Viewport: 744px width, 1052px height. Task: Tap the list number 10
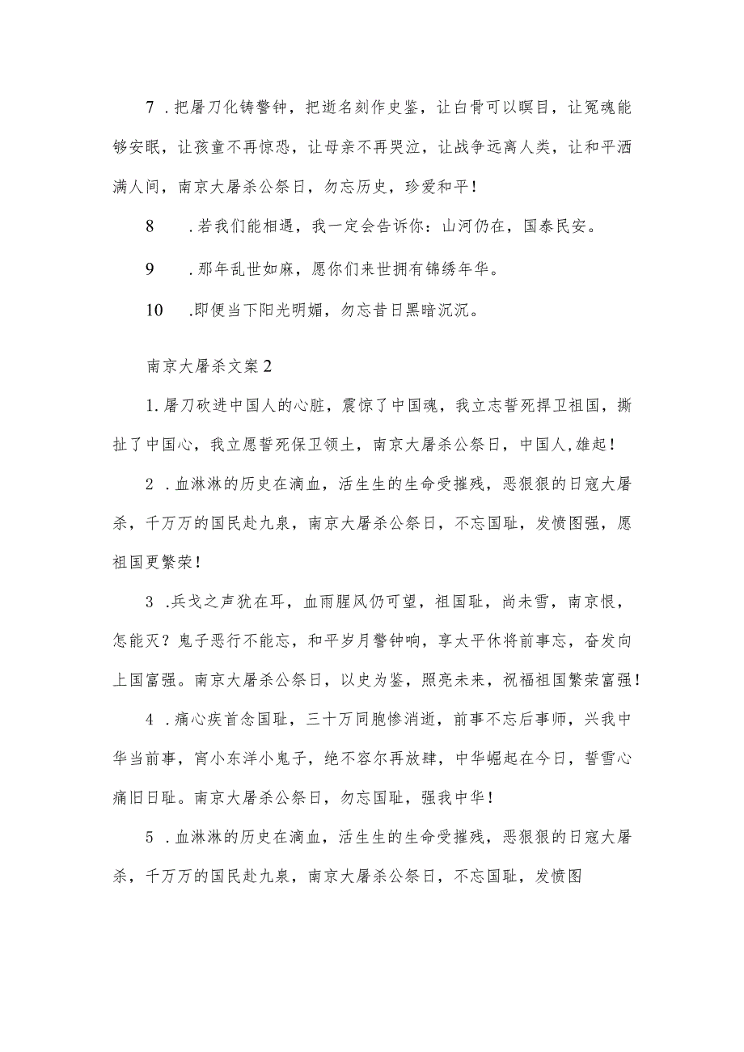154,311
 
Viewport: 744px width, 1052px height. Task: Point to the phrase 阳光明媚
301,311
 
